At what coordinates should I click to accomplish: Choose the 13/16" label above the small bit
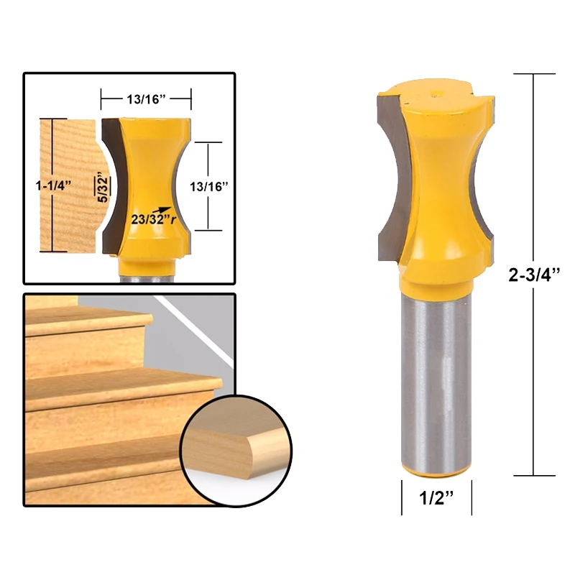click(x=146, y=98)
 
